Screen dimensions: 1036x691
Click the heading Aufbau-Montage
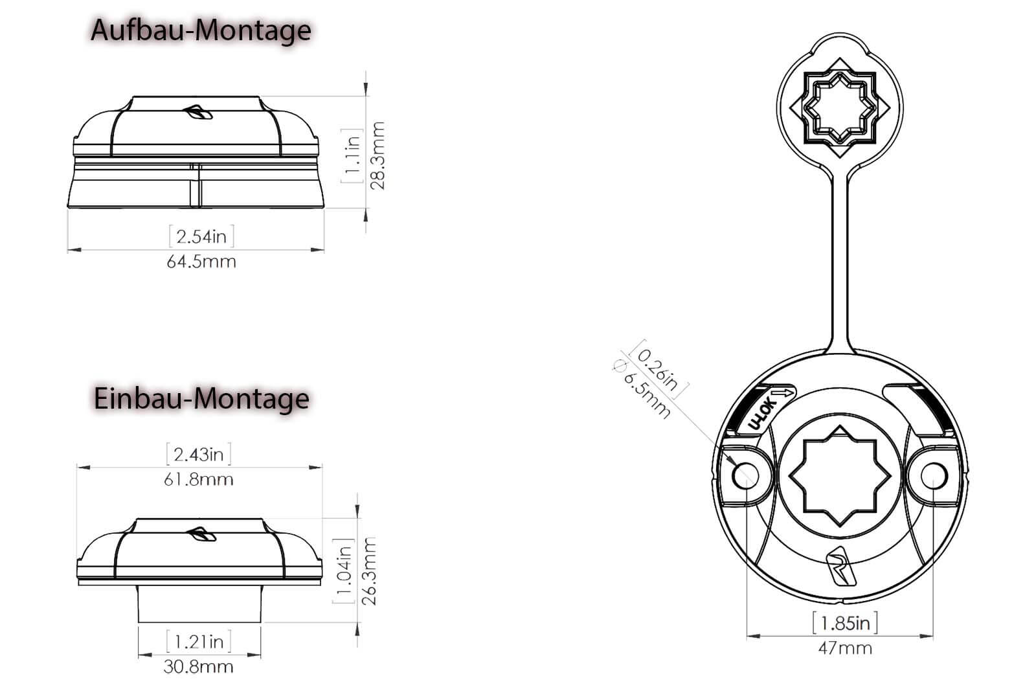[201, 31]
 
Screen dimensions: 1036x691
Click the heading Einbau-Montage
[201, 398]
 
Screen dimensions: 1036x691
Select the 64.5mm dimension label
[201, 262]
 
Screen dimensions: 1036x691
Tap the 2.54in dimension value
[201, 237]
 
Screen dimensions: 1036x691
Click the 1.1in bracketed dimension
[353, 155]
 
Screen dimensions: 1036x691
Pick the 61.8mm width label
[198, 480]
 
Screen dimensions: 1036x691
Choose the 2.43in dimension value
[198, 455]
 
